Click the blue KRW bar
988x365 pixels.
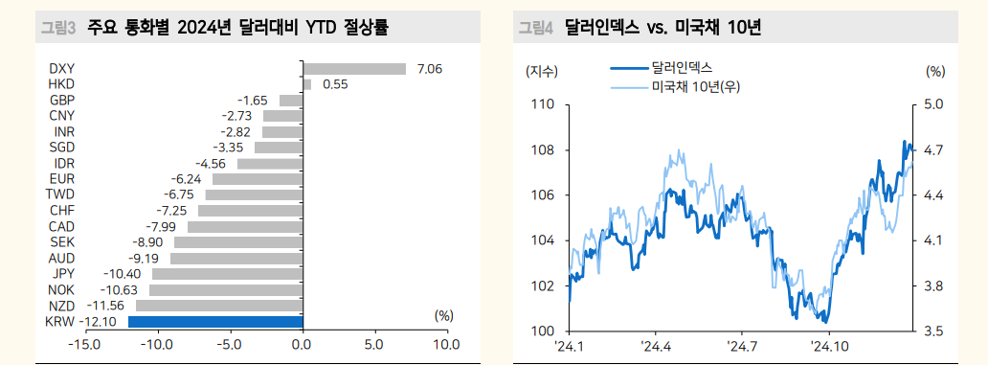click(214, 322)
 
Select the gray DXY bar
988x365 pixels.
click(354, 69)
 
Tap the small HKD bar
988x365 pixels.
click(306, 84)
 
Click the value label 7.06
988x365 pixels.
click(430, 69)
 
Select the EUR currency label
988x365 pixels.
click(62, 179)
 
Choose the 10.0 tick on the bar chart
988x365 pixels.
click(446, 344)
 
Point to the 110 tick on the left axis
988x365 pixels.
click(542, 104)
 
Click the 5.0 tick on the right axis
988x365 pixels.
click(934, 104)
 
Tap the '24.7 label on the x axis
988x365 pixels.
click(742, 347)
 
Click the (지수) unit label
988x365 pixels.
click(542, 71)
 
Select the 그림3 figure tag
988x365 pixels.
click(57, 27)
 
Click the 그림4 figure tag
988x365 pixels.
click(536, 27)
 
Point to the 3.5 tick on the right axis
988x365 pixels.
click(934, 331)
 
